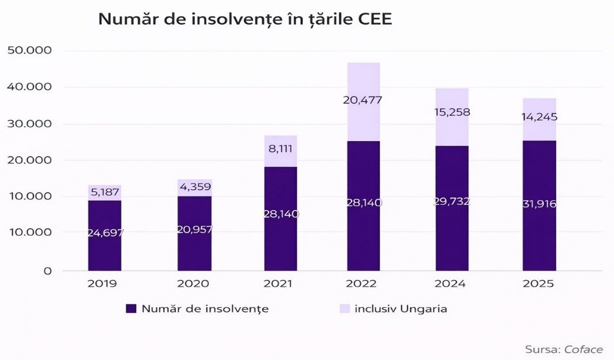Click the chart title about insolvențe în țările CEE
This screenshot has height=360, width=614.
[245, 19]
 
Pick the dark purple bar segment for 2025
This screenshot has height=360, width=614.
[540, 238]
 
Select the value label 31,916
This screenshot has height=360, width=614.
[540, 204]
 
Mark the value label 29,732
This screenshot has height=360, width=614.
[452, 202]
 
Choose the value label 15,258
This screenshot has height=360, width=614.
[452, 112]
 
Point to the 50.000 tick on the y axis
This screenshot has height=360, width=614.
[33, 50]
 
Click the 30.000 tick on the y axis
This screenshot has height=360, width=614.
[33, 124]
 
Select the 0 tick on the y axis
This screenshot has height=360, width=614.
[48, 271]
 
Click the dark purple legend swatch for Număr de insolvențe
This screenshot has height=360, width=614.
[131, 309]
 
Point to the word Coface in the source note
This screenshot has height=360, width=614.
[584, 350]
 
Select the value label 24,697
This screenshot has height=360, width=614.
[104, 233]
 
